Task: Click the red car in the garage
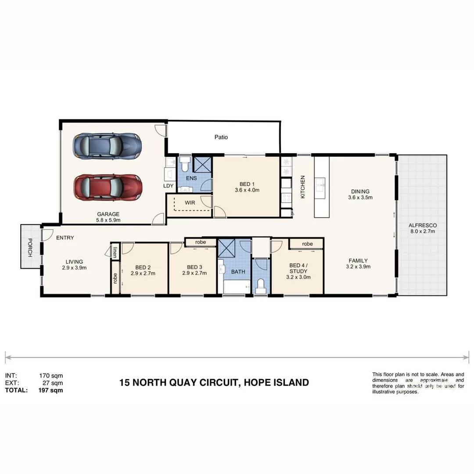click(x=108, y=187)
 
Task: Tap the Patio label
click(x=221, y=137)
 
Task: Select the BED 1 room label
click(x=246, y=184)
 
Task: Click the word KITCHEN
click(x=302, y=187)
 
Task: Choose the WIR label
click(x=190, y=203)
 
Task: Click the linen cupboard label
click(x=115, y=253)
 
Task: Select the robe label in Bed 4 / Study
click(x=307, y=244)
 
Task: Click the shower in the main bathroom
click(x=227, y=249)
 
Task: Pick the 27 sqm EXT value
click(x=52, y=383)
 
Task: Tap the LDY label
click(x=169, y=186)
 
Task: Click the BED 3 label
click(x=194, y=267)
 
